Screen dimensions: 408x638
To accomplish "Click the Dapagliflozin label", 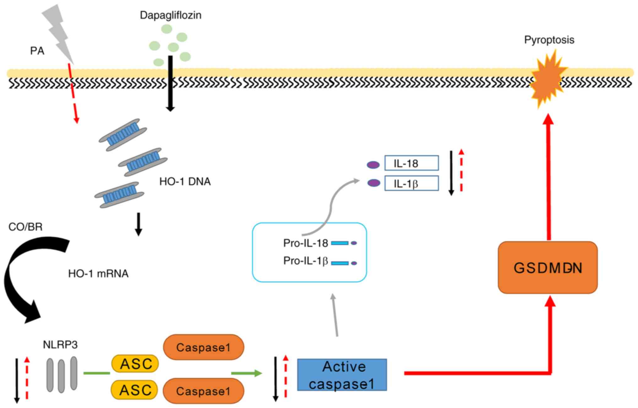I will [170, 15].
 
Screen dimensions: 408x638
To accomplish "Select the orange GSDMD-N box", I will [548, 267].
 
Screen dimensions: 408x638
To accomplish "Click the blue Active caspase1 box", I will [342, 375].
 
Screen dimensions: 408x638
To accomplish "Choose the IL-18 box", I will [411, 163].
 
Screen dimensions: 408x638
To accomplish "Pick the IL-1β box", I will [411, 183].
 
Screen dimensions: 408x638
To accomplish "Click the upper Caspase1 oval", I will [203, 347].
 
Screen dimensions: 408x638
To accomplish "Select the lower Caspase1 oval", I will [203, 391].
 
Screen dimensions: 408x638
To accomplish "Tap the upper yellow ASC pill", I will [135, 364].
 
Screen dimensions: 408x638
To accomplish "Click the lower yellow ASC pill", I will [135, 390].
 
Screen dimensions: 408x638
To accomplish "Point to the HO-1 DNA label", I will [185, 181].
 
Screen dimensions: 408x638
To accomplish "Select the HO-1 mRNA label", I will [98, 274].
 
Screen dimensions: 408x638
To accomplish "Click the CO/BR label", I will [25, 227].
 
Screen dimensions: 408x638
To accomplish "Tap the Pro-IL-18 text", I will [305, 243].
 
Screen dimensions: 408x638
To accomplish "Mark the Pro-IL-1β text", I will [305, 261].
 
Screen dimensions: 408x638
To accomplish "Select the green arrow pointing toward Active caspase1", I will [246, 373].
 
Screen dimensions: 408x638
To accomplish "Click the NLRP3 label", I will [60, 345].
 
